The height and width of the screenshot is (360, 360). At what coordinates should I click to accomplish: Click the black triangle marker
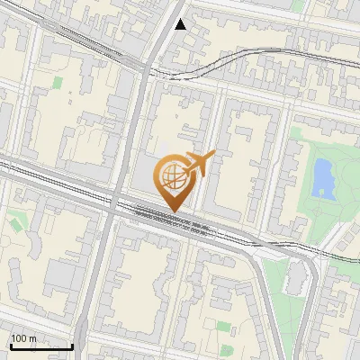[181, 24]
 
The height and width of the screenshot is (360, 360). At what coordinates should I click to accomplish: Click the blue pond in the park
[320, 176]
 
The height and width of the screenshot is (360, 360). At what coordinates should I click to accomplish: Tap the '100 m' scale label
[24, 338]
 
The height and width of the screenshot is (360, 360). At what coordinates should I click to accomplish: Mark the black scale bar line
[41, 346]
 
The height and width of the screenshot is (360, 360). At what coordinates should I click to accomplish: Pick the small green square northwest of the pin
[58, 83]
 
